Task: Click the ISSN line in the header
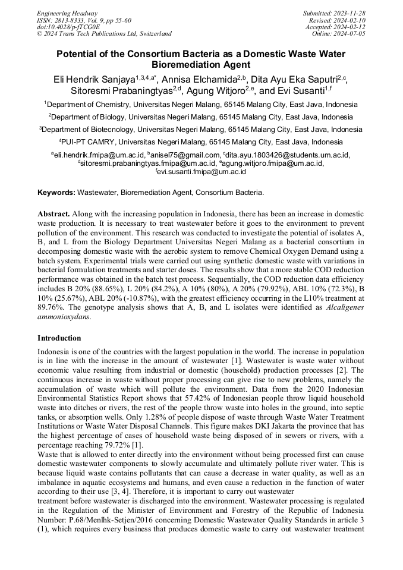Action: click(x=86, y=20)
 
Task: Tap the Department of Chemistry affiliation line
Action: click(x=201, y=104)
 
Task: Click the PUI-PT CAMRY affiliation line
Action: click(x=201, y=143)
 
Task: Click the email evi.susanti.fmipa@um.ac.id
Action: click(x=202, y=171)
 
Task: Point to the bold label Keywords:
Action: click(x=56, y=193)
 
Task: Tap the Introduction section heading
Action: click(x=59, y=338)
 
